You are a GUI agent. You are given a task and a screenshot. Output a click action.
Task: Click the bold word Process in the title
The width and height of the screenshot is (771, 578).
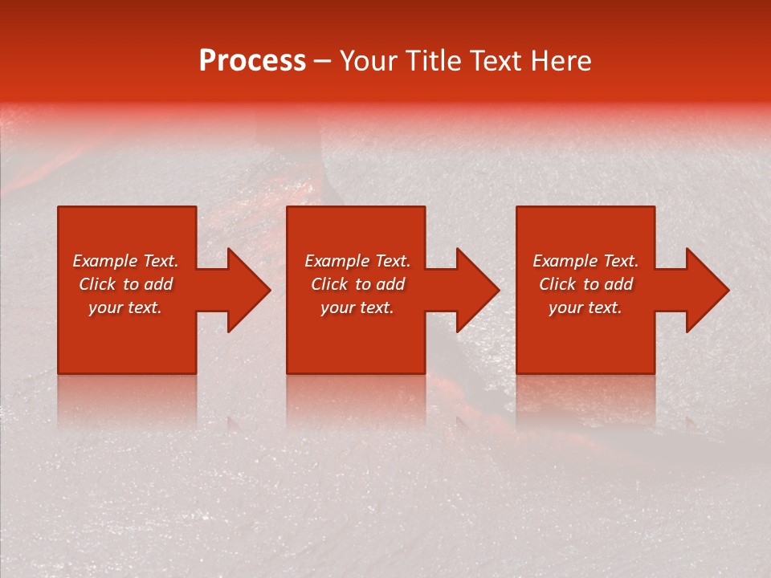pyautogui.click(x=252, y=61)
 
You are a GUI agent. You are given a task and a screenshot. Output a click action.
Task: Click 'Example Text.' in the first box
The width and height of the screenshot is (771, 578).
pyautogui.click(x=125, y=261)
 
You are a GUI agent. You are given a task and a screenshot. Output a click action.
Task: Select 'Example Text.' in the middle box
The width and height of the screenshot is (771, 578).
pyautogui.click(x=357, y=261)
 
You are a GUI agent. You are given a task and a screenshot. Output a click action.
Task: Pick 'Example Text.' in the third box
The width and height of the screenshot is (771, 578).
pyautogui.click(x=585, y=261)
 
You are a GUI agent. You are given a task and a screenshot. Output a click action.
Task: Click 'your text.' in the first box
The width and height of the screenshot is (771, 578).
pyautogui.click(x=125, y=307)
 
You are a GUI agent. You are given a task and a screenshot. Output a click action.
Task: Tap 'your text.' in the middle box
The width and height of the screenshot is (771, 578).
pyautogui.click(x=357, y=307)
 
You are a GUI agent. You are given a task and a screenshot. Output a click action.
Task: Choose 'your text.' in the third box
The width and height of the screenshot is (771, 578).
pyautogui.click(x=585, y=307)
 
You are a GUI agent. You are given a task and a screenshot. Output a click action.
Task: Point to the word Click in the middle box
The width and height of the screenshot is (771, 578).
pyautogui.click(x=329, y=284)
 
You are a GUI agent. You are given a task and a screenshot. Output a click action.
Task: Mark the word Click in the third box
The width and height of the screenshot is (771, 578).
pyautogui.click(x=557, y=284)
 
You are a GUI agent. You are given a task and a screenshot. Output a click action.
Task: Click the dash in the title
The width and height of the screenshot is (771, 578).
pyautogui.click(x=322, y=62)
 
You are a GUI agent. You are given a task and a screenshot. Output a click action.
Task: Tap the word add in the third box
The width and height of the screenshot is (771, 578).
pyautogui.click(x=618, y=284)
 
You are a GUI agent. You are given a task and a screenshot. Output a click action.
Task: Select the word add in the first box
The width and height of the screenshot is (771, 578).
pyautogui.click(x=158, y=284)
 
